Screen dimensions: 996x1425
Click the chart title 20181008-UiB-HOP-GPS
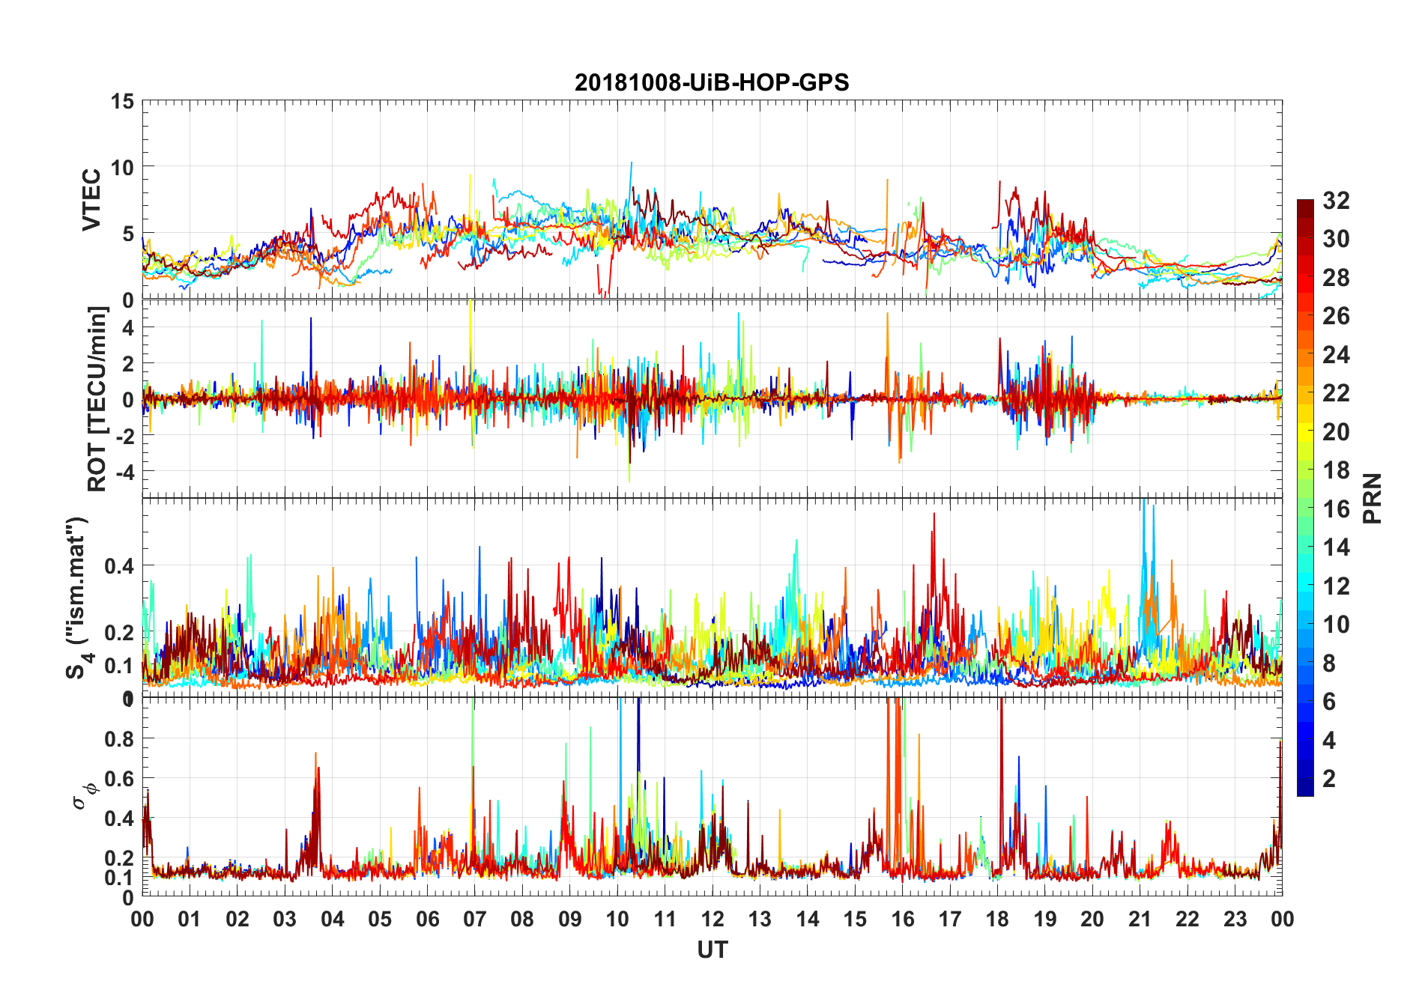[x=712, y=82]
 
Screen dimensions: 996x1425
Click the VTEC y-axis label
[x=91, y=200]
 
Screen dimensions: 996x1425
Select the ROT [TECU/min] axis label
[x=97, y=398]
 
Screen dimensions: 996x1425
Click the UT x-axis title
[x=712, y=950]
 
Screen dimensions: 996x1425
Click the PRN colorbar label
[x=1373, y=498]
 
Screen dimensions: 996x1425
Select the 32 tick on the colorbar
[x=1336, y=201]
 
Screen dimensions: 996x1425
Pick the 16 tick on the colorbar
[x=1336, y=509]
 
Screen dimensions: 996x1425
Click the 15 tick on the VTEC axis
[x=123, y=101]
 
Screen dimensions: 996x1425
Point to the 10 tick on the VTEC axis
[x=123, y=168]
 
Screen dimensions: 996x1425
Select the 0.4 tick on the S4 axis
[x=118, y=566]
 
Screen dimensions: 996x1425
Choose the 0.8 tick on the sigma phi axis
[x=118, y=739]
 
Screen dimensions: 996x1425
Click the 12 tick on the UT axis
[x=712, y=920]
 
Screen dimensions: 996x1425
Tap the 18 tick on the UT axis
[x=997, y=920]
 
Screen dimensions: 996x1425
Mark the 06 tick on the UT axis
[x=427, y=920]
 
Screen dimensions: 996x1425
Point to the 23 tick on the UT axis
[x=1235, y=920]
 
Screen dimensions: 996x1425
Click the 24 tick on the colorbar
[x=1336, y=355]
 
